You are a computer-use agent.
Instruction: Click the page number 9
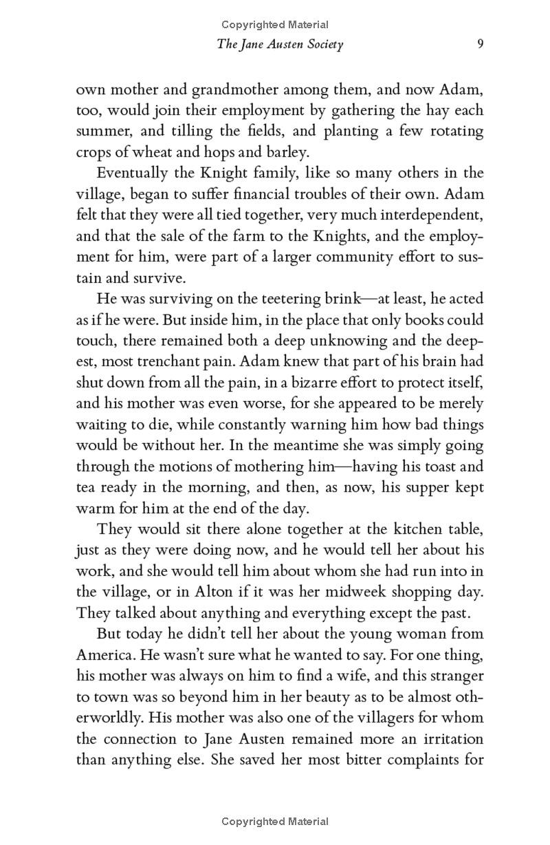click(x=481, y=45)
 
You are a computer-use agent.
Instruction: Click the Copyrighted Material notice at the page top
click(x=274, y=25)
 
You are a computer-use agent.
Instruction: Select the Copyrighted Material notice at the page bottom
click(x=274, y=822)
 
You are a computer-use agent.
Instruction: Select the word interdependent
click(x=424, y=215)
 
